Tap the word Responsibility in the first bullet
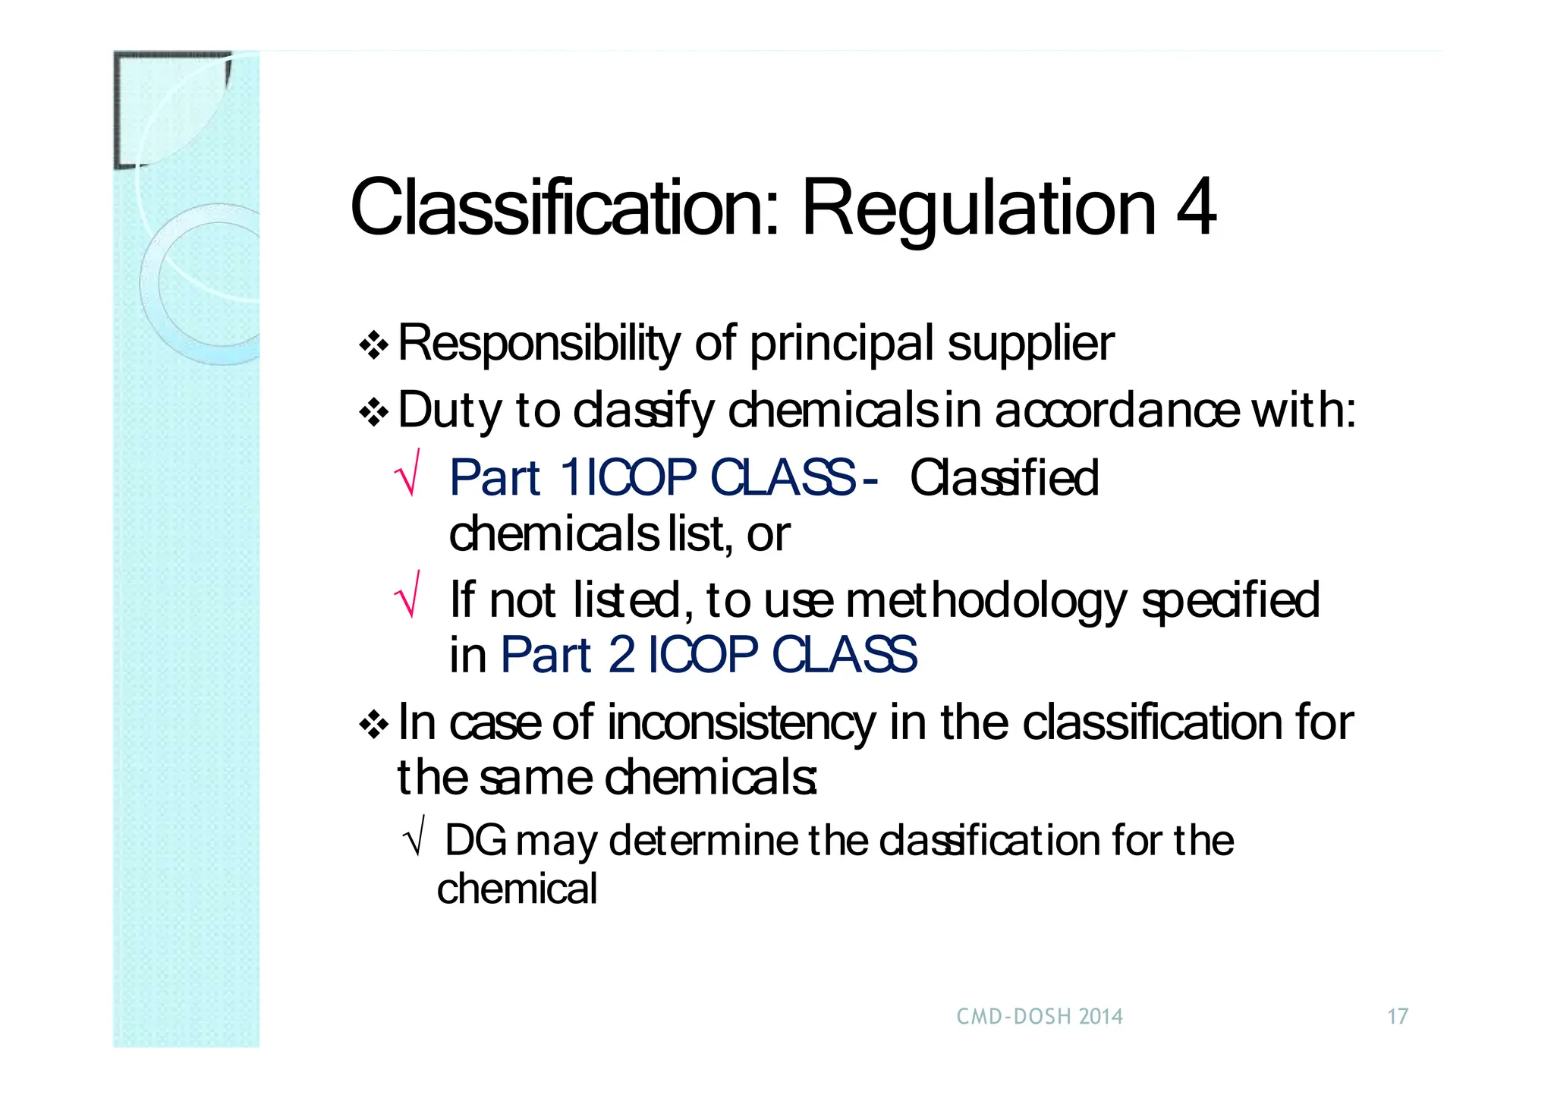[539, 343]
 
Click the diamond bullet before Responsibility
[373, 346]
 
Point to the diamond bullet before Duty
[373, 413]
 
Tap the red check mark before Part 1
[408, 473]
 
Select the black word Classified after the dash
[1003, 478]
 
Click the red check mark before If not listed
[408, 596]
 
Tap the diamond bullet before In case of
[373, 725]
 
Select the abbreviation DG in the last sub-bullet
[475, 841]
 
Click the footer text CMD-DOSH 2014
[1039, 1017]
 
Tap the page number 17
[1398, 1017]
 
